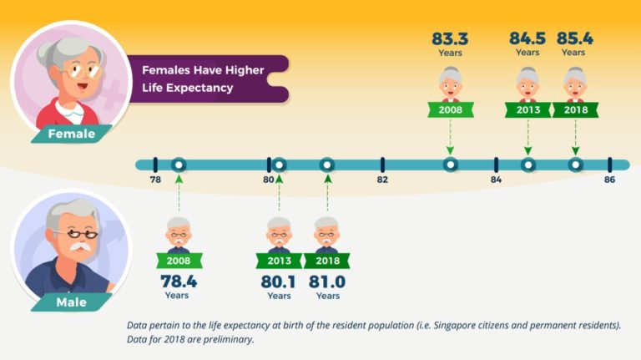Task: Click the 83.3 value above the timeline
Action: [x=449, y=38]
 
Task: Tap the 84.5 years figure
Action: [x=527, y=38]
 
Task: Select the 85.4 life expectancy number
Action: [x=574, y=38]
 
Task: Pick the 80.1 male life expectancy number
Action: [x=279, y=282]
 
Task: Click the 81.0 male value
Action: [x=327, y=282]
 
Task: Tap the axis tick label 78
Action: [x=155, y=180]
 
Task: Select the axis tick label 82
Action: [x=382, y=180]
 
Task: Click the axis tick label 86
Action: [x=609, y=180]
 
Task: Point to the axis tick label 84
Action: [x=496, y=180]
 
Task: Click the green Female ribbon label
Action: [x=72, y=134]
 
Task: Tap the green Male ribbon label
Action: [x=71, y=302]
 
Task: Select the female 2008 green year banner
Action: [x=450, y=109]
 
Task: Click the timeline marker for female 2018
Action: [x=575, y=165]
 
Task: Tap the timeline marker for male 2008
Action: [x=178, y=165]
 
